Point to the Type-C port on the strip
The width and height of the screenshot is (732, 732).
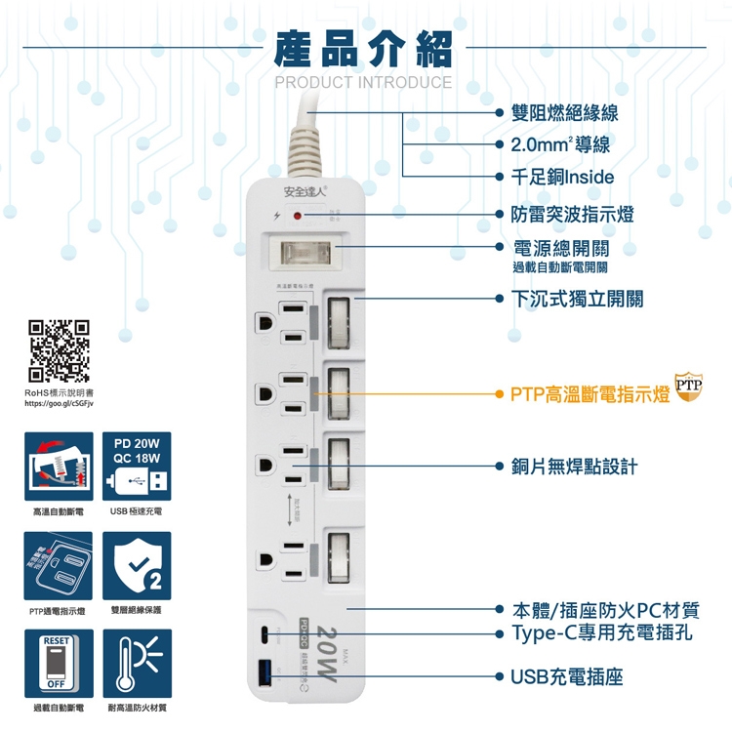pyautogui.click(x=264, y=632)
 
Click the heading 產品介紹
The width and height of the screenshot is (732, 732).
pyautogui.click(x=363, y=46)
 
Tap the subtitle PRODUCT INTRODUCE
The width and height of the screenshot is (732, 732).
pyautogui.click(x=363, y=83)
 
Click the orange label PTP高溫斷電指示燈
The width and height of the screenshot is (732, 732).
pyautogui.click(x=589, y=394)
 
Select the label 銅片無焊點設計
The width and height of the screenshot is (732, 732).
pyautogui.click(x=574, y=467)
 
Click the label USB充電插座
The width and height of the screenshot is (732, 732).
pyautogui.click(x=566, y=675)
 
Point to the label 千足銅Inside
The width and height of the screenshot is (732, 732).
pyautogui.click(x=562, y=177)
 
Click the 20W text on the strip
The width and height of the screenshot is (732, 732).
pyautogui.click(x=327, y=651)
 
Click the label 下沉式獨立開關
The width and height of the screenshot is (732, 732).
pyautogui.click(x=577, y=299)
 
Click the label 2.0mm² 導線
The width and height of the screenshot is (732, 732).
pyautogui.click(x=560, y=145)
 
